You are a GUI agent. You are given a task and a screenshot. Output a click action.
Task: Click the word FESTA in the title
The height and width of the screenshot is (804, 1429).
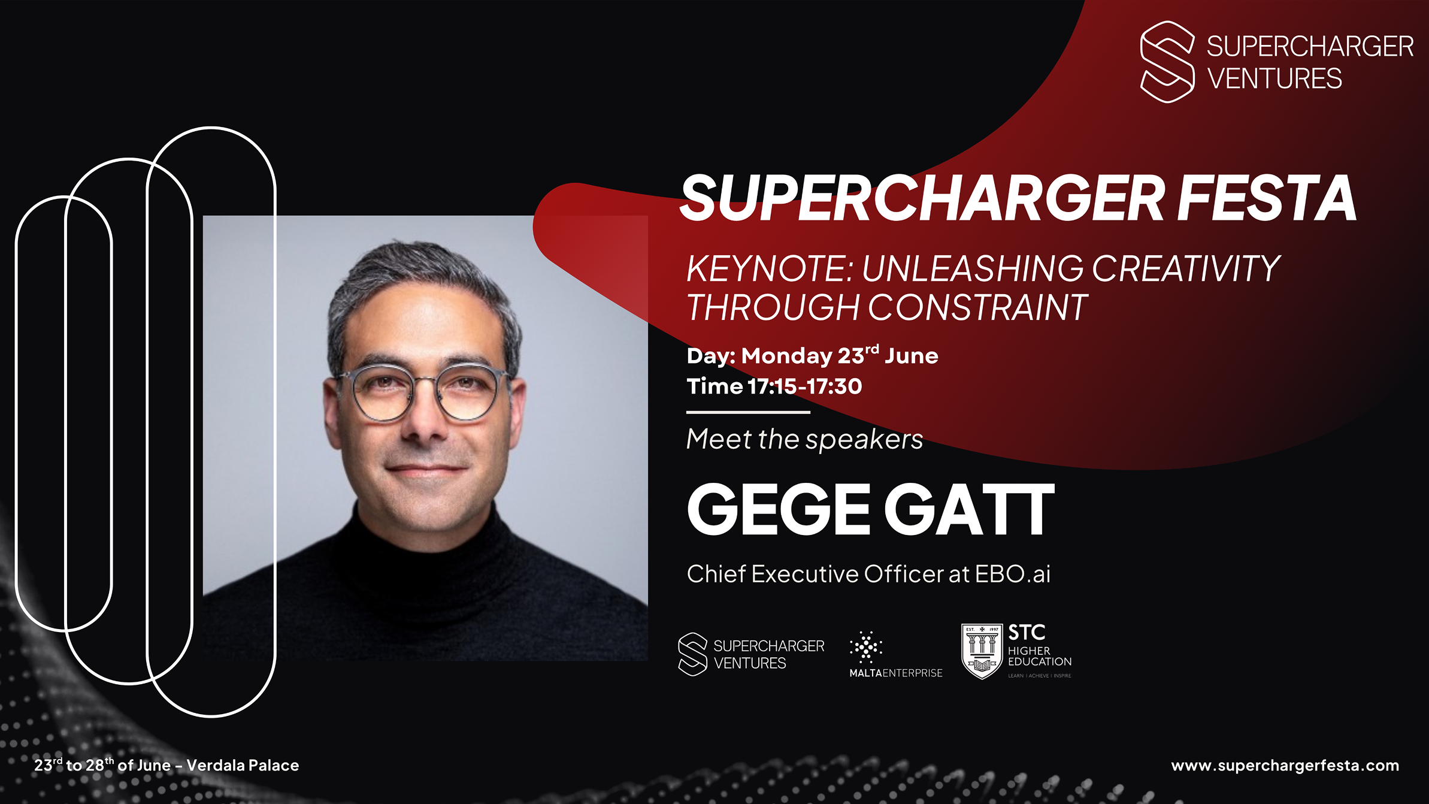coord(1266,198)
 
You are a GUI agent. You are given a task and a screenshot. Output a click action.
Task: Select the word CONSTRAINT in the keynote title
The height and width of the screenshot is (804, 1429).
coord(977,307)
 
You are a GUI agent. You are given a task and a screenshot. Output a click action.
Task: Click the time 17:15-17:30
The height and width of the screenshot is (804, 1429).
coord(805,386)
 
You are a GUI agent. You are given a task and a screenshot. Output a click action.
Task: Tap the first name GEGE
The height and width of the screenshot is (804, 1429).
coord(779,510)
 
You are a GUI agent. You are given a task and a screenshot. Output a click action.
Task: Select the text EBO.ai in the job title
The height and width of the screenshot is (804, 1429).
coord(1013,574)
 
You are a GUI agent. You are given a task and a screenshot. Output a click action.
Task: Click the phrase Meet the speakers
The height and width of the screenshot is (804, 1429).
coord(804,439)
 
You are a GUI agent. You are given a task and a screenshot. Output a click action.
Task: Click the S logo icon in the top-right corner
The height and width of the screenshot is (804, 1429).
coord(1167,62)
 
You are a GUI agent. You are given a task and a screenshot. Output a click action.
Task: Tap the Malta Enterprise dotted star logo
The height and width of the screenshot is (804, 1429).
coord(866,647)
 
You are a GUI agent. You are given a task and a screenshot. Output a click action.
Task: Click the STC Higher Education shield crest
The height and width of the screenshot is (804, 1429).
coord(982,651)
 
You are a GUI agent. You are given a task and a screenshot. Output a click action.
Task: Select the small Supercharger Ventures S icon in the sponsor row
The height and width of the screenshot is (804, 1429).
coord(693,654)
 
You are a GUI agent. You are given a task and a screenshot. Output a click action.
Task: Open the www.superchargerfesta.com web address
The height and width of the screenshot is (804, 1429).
coord(1285,766)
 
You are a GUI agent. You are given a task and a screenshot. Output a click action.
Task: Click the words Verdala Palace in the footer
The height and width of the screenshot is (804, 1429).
coord(243,766)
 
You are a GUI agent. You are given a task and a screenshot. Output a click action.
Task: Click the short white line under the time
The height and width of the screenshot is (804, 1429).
coord(748,412)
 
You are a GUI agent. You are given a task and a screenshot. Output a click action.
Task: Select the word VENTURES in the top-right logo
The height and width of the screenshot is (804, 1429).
coord(1274,79)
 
